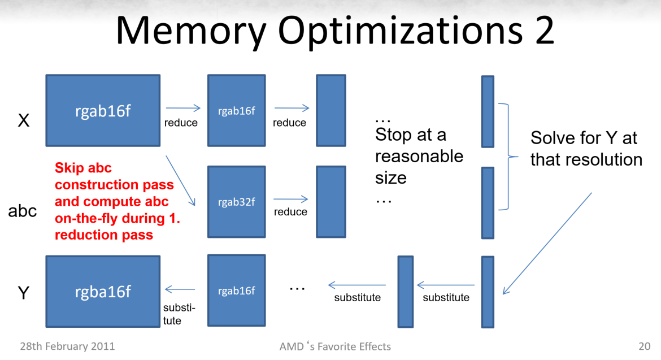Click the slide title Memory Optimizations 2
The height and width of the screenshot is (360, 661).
(x=334, y=31)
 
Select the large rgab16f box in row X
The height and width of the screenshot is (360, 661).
(x=103, y=110)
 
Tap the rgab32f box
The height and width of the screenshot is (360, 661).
(x=237, y=202)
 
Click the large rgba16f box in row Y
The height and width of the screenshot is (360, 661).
(x=103, y=291)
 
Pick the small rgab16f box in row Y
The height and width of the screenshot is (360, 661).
(x=237, y=290)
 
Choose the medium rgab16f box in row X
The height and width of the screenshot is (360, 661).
(x=237, y=110)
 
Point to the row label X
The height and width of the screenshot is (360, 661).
(x=24, y=120)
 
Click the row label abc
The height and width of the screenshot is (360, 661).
(x=23, y=211)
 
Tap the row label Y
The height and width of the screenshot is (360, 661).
(x=24, y=293)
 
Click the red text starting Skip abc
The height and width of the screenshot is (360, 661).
(x=117, y=201)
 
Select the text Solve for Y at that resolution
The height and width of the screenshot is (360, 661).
(x=586, y=149)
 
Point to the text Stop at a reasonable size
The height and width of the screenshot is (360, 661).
(x=419, y=157)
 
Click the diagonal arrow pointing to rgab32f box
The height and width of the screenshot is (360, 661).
(x=180, y=181)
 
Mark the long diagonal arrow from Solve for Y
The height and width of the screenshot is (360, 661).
(x=547, y=244)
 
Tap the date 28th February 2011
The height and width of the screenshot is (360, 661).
(x=67, y=346)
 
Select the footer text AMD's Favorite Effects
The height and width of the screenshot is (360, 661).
(x=335, y=346)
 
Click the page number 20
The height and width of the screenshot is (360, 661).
(x=644, y=346)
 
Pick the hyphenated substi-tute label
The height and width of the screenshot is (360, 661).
(x=179, y=314)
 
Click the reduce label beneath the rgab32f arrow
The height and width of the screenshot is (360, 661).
(x=290, y=211)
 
